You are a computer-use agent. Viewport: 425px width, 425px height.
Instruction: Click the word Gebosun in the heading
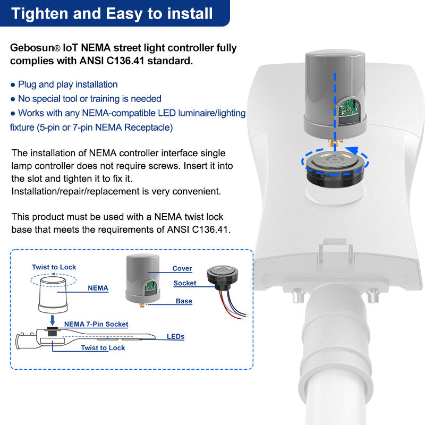click(x=32, y=48)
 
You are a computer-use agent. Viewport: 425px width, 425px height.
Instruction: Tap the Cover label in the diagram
click(x=182, y=268)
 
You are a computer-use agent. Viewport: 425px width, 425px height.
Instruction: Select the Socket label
click(x=184, y=283)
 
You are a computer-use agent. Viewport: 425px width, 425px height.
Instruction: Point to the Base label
click(x=184, y=301)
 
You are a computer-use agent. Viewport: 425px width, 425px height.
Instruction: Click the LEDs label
click(x=176, y=336)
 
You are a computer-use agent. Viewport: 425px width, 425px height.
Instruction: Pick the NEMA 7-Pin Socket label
click(x=96, y=324)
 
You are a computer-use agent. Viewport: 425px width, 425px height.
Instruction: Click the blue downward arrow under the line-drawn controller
click(x=53, y=320)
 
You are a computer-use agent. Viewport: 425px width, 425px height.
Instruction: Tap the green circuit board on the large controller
click(x=348, y=108)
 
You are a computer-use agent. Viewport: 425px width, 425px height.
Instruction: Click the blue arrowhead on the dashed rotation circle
click(x=352, y=151)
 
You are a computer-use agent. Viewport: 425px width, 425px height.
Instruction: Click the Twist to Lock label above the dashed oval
click(x=54, y=267)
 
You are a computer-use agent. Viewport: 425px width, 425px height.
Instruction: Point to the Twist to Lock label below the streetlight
click(x=103, y=348)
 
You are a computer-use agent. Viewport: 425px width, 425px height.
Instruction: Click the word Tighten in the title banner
click(x=39, y=14)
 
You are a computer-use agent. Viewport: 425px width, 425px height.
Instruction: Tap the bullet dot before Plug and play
click(x=13, y=85)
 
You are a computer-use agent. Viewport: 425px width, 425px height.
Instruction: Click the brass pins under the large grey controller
click(x=335, y=142)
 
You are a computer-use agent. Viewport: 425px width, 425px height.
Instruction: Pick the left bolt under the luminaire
click(x=298, y=295)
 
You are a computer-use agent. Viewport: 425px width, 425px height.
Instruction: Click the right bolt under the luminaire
click(x=373, y=295)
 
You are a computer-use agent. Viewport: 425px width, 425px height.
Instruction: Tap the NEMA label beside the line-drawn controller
click(x=98, y=288)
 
